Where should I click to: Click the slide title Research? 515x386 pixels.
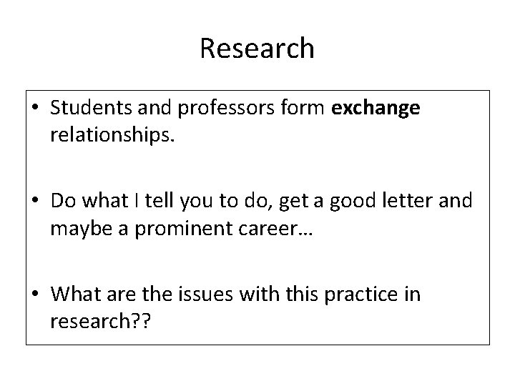pos(257,49)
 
